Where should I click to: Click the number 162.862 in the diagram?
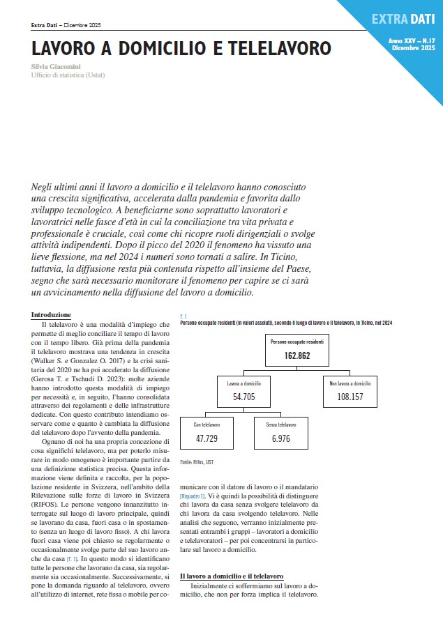coord(296,355)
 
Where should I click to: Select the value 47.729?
coord(207,438)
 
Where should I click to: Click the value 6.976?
coord(276,438)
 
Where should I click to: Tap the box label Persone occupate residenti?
coord(296,342)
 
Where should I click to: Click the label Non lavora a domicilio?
coord(351,383)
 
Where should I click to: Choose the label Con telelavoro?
coord(205,424)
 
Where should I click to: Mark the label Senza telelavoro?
coord(277,424)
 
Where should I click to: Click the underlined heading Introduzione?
coord(52,315)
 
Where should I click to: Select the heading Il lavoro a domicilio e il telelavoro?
coord(232,576)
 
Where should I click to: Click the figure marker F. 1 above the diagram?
coord(183,315)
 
